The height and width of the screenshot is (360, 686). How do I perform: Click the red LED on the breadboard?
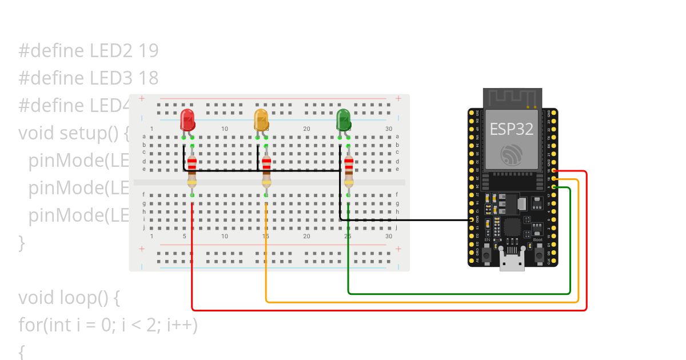coord(188,120)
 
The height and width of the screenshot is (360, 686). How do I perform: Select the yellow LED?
coord(261,120)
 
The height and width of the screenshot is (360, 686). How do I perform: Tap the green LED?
coord(344,120)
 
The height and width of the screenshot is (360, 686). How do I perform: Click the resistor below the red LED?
coord(192,171)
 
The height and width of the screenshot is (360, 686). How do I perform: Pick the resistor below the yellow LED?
coord(266,171)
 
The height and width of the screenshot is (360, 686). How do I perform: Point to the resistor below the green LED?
coord(348,171)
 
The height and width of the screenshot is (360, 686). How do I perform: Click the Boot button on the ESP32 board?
coord(538,255)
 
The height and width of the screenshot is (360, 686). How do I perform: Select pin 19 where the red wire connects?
coord(554,171)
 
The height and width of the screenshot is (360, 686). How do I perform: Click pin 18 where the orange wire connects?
coord(554,179)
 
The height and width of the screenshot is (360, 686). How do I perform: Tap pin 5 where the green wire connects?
coord(554,187)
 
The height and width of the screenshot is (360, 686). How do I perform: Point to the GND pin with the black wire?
coord(472,219)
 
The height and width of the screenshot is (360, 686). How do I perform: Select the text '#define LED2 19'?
coord(88,51)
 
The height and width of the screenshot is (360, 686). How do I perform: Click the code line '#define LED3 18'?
coord(88,78)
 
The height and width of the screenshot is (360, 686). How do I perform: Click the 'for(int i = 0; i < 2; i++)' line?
coord(108,325)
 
